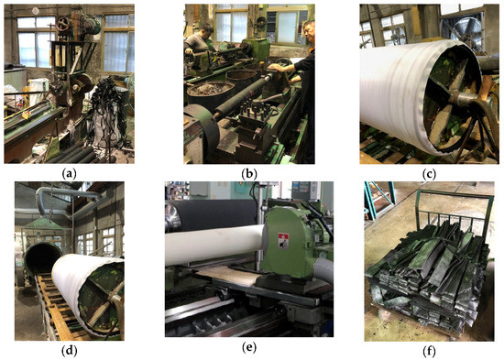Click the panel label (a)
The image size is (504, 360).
[69, 174]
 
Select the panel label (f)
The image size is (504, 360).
[429, 352]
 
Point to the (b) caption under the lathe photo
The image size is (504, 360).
[249, 174]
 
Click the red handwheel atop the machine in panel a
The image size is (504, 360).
[63, 23]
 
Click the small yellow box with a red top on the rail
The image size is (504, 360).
[27, 115]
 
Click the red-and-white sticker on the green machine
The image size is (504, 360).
[283, 240]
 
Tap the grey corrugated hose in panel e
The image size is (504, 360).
[323, 269]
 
